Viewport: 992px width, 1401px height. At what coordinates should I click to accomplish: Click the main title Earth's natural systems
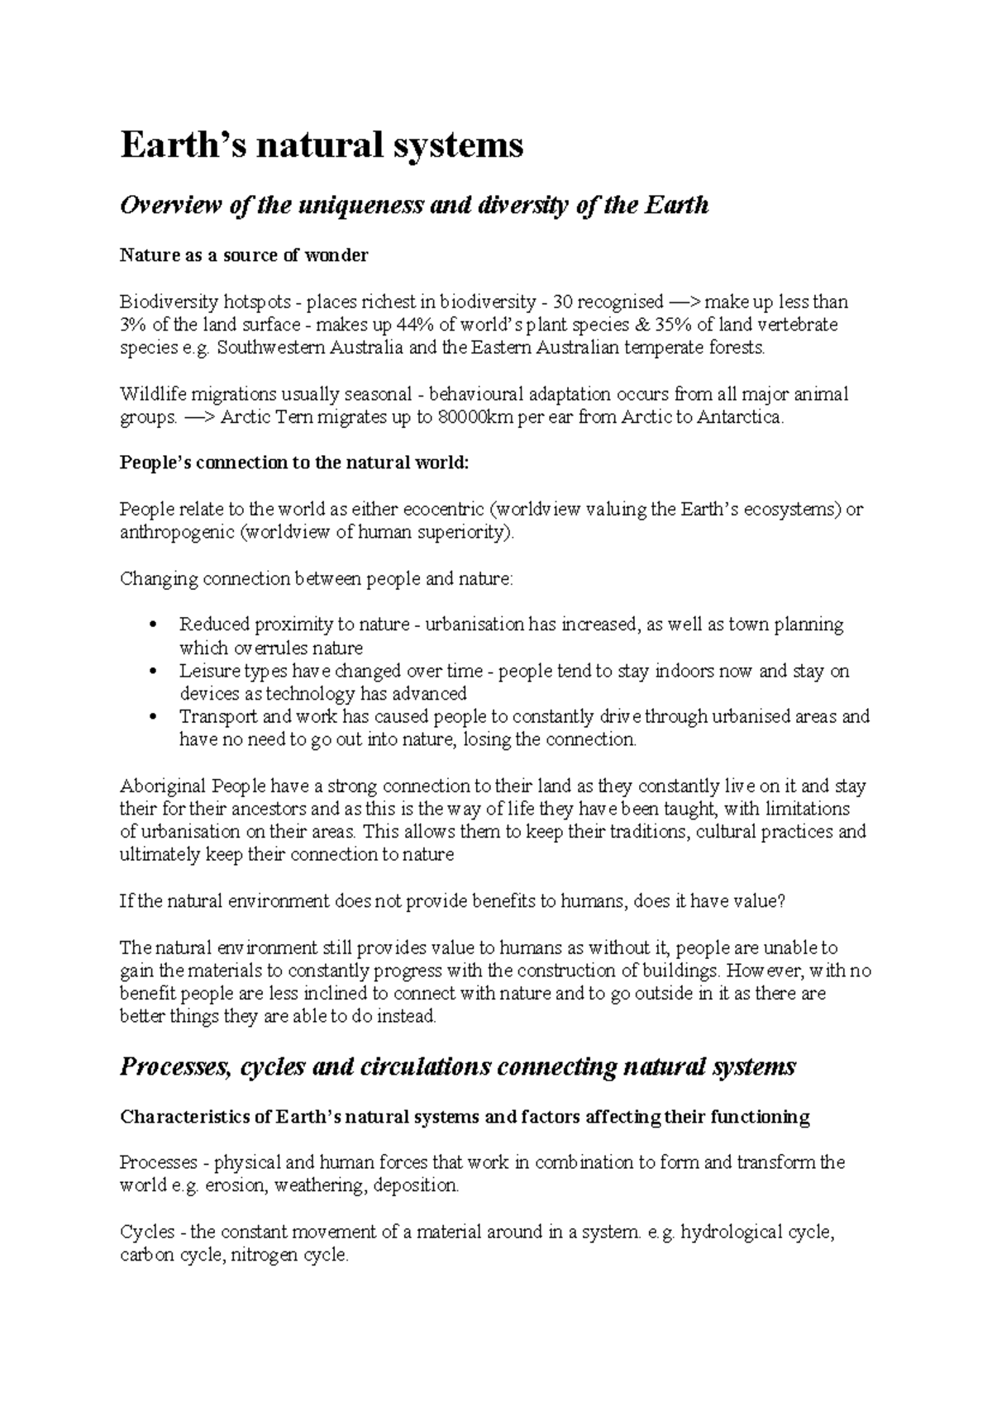coord(322,145)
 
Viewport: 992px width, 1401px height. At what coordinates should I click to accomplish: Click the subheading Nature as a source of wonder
coord(244,255)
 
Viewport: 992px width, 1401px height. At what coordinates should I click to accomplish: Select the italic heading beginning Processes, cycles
coord(457,1066)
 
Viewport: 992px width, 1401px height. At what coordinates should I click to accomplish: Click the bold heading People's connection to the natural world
coord(293,463)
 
